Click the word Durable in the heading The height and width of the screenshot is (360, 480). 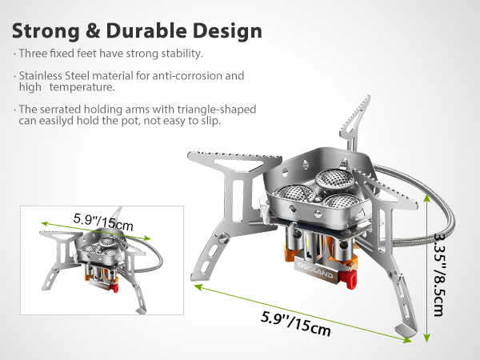(146, 30)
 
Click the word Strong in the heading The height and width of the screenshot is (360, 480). (46, 32)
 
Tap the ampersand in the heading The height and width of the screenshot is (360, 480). (93, 30)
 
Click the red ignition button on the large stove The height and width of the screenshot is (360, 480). (351, 278)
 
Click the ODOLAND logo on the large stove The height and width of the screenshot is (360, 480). (315, 270)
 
